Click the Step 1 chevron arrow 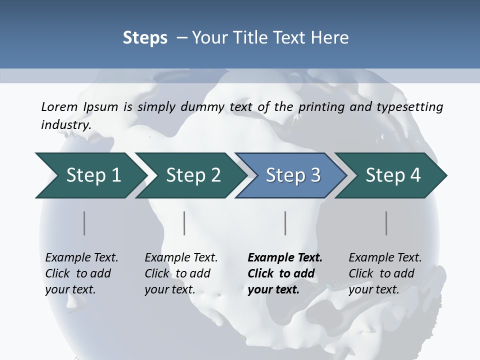click(x=90, y=175)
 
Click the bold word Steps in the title click(x=145, y=38)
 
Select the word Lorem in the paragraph click(x=59, y=106)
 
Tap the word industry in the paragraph click(x=65, y=124)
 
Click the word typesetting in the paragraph click(x=412, y=106)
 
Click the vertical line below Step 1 click(x=84, y=223)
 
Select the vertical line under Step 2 click(x=184, y=223)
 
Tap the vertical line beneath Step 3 click(x=285, y=223)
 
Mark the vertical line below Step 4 click(x=386, y=223)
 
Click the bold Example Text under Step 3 click(x=285, y=258)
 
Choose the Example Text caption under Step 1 click(x=81, y=258)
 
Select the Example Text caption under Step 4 click(x=385, y=258)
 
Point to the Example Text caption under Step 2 click(x=181, y=258)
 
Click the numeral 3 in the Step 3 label click(x=315, y=175)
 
